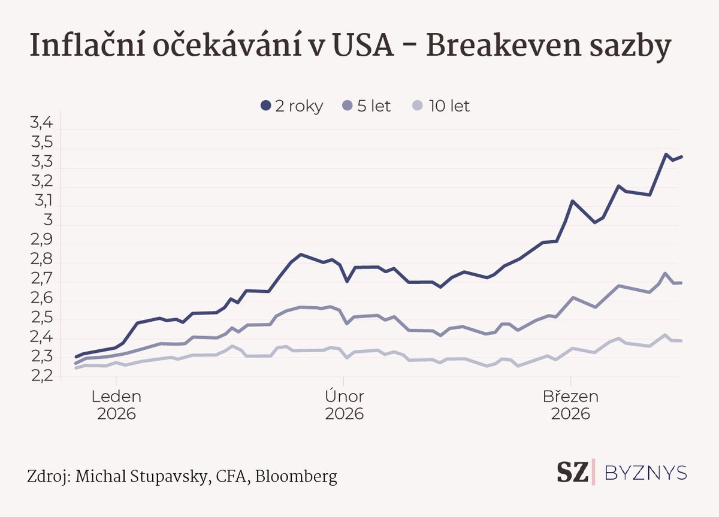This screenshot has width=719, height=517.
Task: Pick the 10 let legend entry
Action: coord(442,107)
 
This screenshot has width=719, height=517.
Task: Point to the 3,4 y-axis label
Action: coord(41,124)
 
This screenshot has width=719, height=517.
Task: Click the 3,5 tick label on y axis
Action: coord(41,143)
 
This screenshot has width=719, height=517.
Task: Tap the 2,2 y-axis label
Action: coord(41,376)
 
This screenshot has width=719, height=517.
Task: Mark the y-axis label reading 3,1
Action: coord(41,202)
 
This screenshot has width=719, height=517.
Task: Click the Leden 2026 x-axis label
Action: coord(116,404)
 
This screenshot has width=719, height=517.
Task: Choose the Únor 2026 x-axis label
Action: coord(345,404)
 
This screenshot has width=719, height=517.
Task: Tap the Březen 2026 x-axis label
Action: coord(571,404)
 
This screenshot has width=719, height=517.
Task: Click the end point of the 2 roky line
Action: coord(682,156)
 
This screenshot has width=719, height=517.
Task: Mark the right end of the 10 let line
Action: coord(681,341)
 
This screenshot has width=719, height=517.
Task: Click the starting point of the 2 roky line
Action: coord(76,357)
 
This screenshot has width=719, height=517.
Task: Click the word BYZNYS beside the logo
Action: coord(646,473)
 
